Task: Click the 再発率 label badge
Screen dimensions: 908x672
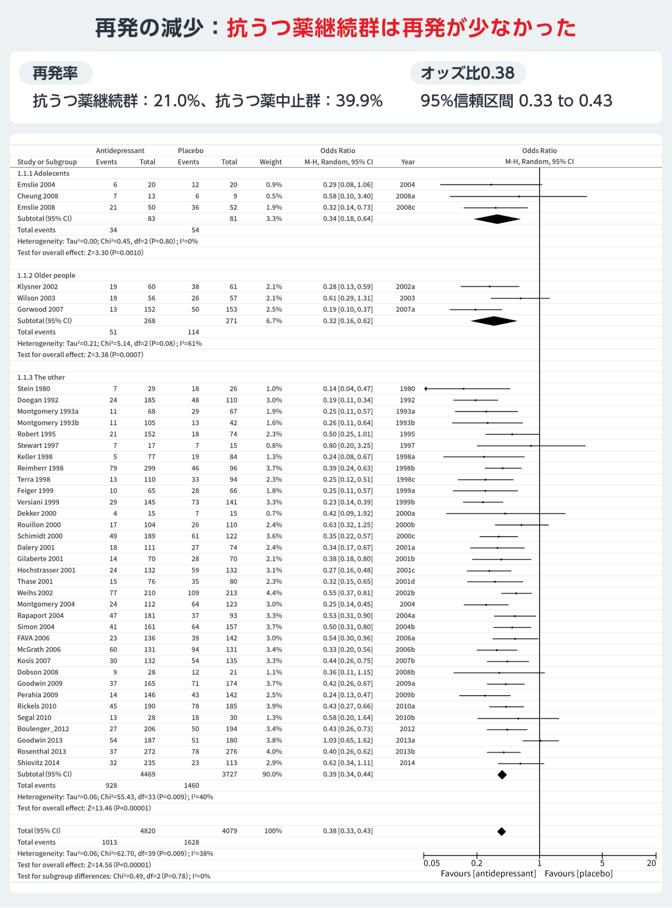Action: tap(55, 74)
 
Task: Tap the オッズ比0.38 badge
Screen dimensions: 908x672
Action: tap(467, 73)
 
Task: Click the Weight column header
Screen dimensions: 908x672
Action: tap(270, 162)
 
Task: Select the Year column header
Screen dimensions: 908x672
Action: tap(407, 162)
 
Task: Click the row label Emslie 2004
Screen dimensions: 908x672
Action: tap(36, 185)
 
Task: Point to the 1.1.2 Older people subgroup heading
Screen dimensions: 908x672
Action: tap(46, 275)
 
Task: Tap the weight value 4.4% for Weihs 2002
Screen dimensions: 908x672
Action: tap(274, 593)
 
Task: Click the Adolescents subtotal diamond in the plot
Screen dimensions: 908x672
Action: tap(497, 219)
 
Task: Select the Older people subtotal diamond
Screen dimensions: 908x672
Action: tap(494, 321)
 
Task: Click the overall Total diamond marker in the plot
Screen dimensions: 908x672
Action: tap(501, 831)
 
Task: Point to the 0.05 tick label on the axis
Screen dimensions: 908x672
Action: tap(431, 863)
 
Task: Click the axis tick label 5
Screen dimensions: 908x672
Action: tap(602, 863)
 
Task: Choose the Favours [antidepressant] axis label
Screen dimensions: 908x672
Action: tap(488, 874)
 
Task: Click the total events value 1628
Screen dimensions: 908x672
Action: tap(191, 842)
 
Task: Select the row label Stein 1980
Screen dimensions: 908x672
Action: tap(33, 389)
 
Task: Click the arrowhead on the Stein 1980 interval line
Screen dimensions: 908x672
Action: tap(426, 389)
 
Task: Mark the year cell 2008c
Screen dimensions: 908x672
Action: tap(405, 207)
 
